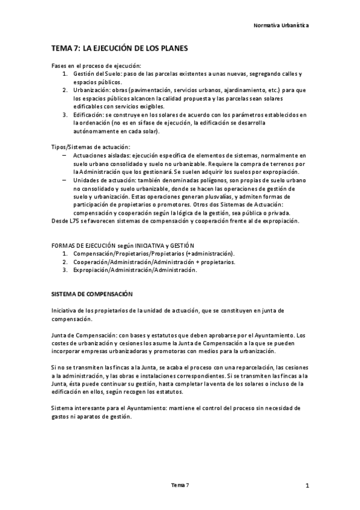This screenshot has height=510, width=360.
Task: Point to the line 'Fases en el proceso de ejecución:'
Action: (x=96, y=65)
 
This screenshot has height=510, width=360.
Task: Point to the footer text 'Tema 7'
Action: (x=180, y=485)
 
